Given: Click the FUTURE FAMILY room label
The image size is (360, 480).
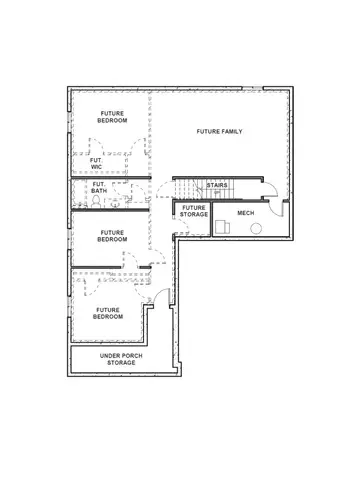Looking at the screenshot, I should (219, 131).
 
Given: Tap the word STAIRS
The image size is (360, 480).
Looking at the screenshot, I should (217, 185).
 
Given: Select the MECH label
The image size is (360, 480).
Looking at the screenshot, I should (246, 214).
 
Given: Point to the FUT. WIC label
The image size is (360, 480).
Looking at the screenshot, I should (97, 162).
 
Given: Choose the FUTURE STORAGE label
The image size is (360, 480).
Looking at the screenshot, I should (194, 211).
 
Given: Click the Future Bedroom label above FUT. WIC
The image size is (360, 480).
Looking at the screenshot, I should (112, 117).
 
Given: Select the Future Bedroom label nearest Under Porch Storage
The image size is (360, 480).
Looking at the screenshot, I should (108, 313).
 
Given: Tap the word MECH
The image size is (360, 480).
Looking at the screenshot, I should (246, 214).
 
